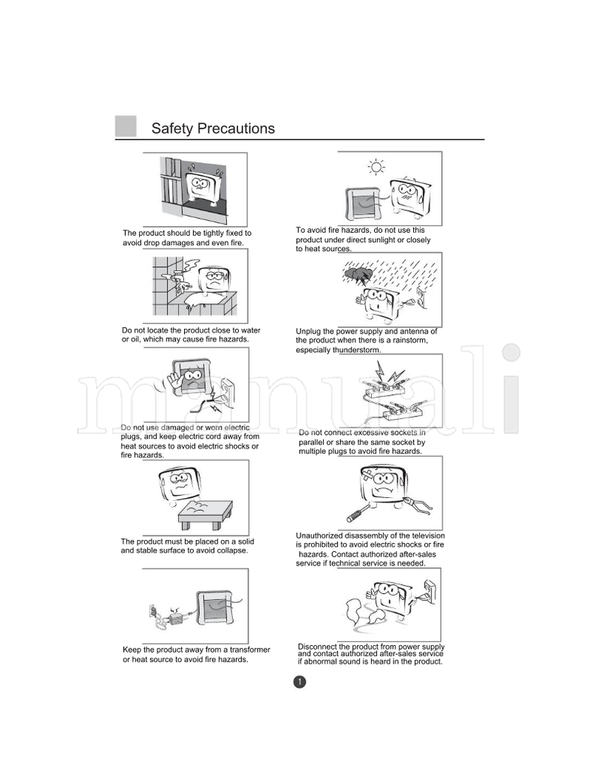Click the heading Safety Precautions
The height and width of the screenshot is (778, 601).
click(213, 128)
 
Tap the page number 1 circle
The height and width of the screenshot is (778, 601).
click(299, 682)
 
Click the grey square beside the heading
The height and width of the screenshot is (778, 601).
click(125, 127)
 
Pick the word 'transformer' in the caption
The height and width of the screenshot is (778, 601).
click(244, 649)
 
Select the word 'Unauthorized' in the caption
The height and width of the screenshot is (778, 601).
click(322, 535)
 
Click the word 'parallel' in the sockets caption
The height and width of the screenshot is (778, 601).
click(313, 442)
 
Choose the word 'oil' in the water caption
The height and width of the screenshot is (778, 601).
click(127, 339)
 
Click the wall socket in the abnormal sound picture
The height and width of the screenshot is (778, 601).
click(430, 587)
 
